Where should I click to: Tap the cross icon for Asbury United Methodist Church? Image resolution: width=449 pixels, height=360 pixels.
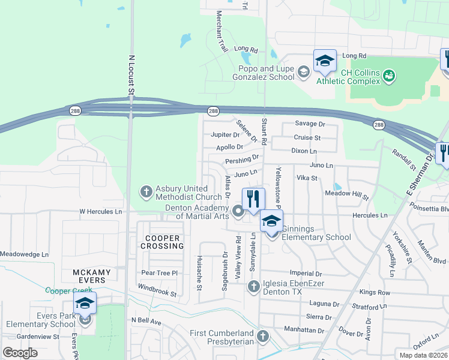coord(145,192)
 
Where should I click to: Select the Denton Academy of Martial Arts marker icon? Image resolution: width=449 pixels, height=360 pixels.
coord(238,211)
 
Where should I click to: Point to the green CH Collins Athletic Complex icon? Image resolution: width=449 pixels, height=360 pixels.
coord(389,76)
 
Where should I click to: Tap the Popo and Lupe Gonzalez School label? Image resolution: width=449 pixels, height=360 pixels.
coord(267,73)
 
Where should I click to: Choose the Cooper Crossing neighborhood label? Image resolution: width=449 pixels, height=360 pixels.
coord(161,242)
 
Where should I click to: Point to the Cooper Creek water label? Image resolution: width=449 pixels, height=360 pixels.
coord(69,290)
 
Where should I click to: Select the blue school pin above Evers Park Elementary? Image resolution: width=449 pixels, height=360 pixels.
coord(85,302)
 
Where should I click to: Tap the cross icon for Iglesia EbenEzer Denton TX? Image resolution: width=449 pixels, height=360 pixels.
coord(253,286)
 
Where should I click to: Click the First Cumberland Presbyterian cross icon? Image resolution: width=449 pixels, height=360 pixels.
coord(262,336)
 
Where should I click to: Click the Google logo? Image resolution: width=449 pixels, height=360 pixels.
coord(20,353)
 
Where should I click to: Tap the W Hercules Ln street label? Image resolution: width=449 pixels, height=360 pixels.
coord(101,212)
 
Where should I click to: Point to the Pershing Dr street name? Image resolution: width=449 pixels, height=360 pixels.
coord(242,160)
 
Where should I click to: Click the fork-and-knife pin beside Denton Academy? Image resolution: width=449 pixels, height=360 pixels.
coord(253,198)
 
